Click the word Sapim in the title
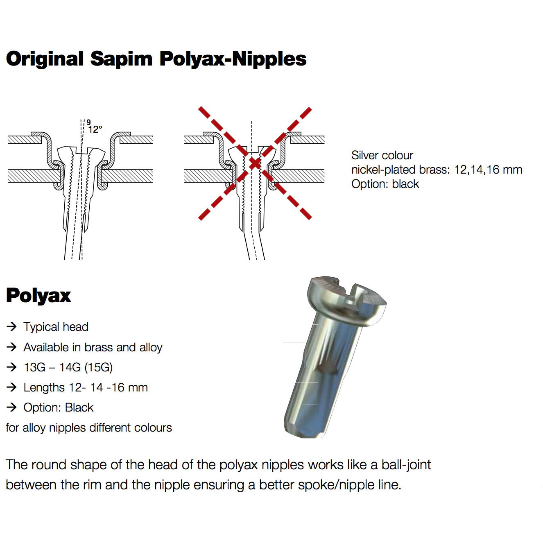[x=121, y=59]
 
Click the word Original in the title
[x=45, y=59]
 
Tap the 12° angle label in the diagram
[x=95, y=129]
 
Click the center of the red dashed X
[x=255, y=163]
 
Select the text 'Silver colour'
[x=382, y=155]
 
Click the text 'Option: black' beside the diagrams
[x=385, y=184]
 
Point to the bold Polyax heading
[x=38, y=295]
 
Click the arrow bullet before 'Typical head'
[x=12, y=326]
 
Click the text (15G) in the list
[x=99, y=367]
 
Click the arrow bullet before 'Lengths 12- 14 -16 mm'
[x=12, y=387]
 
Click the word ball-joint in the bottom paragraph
[x=406, y=465]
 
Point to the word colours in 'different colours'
[x=152, y=428]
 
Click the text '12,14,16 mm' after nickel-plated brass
[x=488, y=170]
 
